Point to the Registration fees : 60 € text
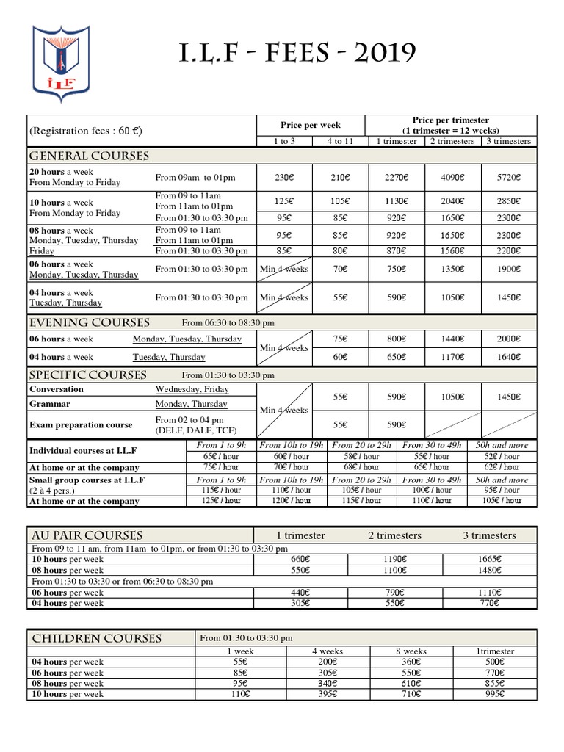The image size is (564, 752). click(x=85, y=131)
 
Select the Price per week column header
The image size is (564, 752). click(x=310, y=125)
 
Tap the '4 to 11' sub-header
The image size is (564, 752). click(x=339, y=141)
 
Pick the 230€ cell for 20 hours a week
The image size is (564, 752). click(x=283, y=177)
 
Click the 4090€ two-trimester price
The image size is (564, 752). click(x=452, y=177)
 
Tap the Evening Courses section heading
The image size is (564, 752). click(x=89, y=322)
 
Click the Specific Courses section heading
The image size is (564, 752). click(x=87, y=375)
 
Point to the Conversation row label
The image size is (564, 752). click(x=56, y=389)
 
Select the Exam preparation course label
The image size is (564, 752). click(x=81, y=424)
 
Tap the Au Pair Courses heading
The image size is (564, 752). click(x=86, y=535)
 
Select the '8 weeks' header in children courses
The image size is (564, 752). click(x=411, y=651)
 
